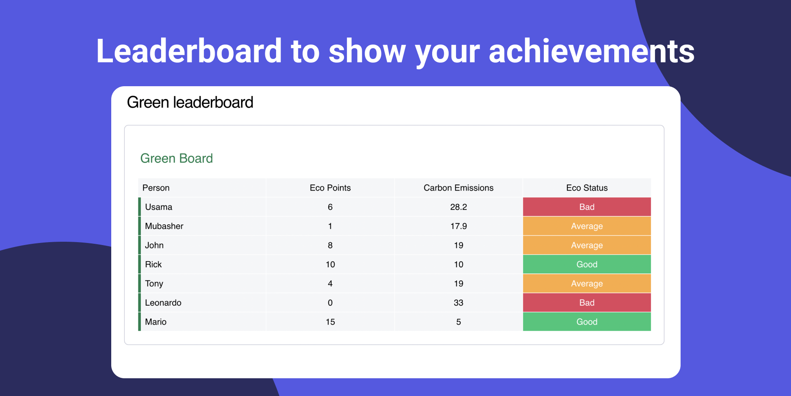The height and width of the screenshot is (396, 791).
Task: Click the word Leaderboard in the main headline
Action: tap(189, 51)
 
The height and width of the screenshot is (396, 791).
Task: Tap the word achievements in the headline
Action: tap(592, 51)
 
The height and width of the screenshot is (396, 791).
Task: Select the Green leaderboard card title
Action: tap(190, 102)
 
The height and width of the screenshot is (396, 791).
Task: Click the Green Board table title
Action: tap(176, 158)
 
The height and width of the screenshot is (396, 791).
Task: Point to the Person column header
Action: tap(156, 188)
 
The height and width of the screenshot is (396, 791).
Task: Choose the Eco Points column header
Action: tap(330, 188)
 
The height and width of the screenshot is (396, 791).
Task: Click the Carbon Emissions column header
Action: tap(459, 188)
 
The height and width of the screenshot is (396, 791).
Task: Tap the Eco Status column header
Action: tap(587, 188)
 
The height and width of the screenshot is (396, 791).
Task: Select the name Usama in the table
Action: tap(159, 207)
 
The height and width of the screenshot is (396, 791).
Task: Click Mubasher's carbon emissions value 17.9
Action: tap(459, 226)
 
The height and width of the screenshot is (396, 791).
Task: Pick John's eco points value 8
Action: tap(330, 245)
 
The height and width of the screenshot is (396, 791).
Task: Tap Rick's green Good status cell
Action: tap(587, 264)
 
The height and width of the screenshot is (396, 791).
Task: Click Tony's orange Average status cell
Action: tap(587, 283)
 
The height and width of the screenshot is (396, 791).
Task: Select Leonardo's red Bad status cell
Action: tap(587, 303)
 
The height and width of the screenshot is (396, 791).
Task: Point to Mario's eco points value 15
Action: tap(330, 322)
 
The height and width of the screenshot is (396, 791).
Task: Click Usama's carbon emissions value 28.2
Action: tap(459, 207)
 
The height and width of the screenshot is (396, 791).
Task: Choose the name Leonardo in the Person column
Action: tap(163, 303)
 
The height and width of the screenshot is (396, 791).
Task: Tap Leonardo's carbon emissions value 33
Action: tap(459, 303)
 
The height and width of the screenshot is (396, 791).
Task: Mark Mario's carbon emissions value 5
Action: tap(459, 322)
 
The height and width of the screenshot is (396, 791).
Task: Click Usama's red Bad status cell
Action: tap(587, 207)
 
